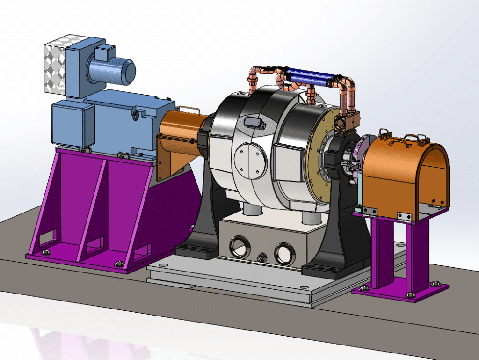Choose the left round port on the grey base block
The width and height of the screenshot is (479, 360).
(x=240, y=246)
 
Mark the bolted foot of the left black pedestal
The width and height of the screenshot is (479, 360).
(x=197, y=251)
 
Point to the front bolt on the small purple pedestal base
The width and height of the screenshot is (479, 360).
(x=410, y=294)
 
